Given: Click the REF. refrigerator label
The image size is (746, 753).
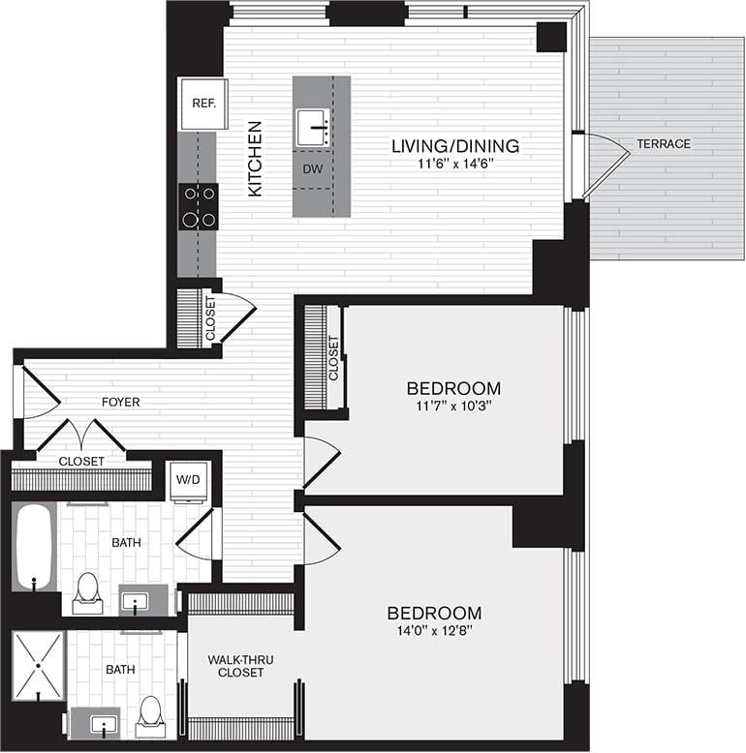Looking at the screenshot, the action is tap(203, 104).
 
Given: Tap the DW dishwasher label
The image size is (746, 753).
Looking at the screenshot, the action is tap(312, 169).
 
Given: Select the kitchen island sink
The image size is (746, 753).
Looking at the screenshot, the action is tap(313, 128).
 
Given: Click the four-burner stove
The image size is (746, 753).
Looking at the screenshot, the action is tap(199, 206).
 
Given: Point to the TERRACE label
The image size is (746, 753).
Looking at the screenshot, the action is tap(664, 143).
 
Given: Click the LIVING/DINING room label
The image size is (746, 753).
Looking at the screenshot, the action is tap(455, 146).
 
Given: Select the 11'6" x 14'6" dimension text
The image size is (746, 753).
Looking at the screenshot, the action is tap(455, 164).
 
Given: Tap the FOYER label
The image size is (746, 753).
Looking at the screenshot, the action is tap(121, 402).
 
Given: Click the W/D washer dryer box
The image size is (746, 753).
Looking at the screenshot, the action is tap(188, 480).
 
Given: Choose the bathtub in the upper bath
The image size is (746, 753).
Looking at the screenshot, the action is tap(34, 547).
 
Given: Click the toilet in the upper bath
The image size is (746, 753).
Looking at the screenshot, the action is tap(87, 593).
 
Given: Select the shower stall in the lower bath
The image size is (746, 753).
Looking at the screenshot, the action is tap(38, 666).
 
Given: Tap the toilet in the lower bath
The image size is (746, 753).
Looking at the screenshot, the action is tap(150, 717).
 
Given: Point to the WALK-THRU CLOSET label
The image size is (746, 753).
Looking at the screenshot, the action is tap(240, 666).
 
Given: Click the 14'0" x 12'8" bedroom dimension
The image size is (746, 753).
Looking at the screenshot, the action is tap(435, 630).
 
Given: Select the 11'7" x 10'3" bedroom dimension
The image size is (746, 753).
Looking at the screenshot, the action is tap(453, 407).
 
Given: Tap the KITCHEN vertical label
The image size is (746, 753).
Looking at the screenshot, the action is tap(255, 159).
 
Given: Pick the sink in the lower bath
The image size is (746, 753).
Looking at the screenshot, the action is tap(95, 723).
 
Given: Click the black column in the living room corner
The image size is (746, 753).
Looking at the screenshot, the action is tap(551, 37).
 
